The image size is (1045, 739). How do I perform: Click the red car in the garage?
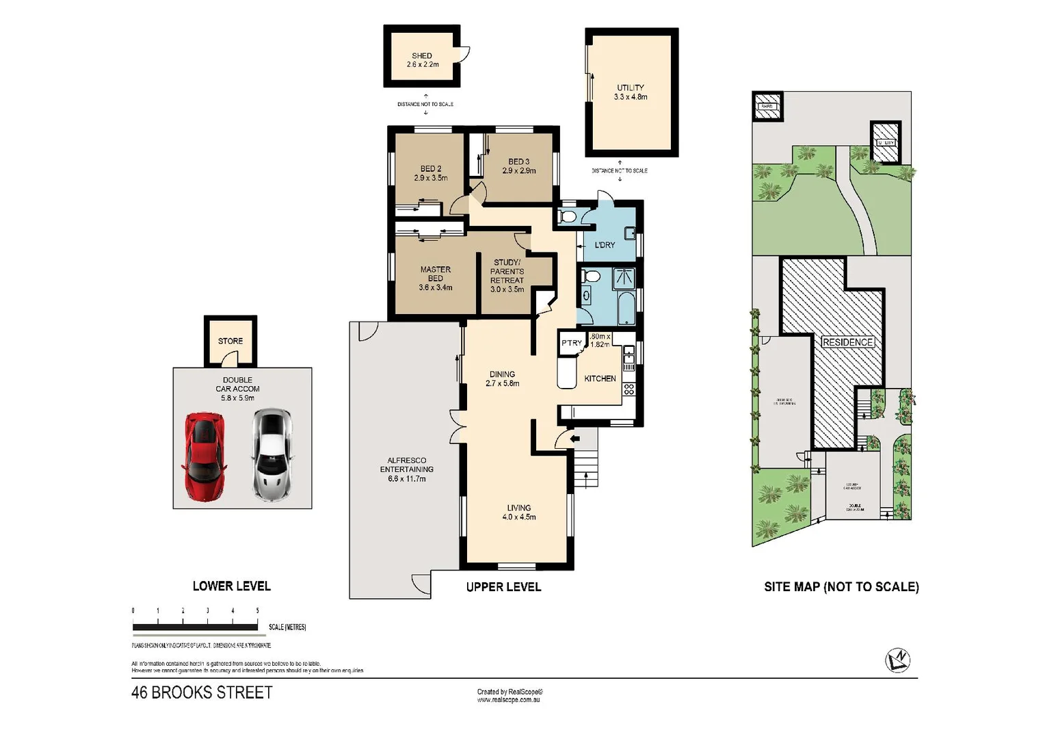click(204, 456)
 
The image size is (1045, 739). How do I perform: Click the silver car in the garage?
click(272, 454)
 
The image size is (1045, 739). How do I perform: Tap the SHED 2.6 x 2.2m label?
click(422, 60)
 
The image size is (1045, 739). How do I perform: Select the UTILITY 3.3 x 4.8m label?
click(630, 92)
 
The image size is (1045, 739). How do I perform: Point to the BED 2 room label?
click(430, 173)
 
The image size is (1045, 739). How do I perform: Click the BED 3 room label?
click(518, 166)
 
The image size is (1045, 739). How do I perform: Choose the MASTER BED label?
click(435, 278)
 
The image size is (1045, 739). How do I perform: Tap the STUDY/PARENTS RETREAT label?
click(507, 276)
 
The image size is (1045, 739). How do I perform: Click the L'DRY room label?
click(605, 245)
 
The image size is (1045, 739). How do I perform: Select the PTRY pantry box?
click(571, 343)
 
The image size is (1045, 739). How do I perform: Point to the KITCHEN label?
click(600, 378)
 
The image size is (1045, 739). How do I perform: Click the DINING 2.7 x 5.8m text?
click(502, 379)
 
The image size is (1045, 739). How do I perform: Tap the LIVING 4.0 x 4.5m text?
click(518, 513)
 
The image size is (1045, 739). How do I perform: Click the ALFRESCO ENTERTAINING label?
click(406, 469)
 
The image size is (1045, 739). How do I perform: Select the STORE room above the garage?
click(230, 341)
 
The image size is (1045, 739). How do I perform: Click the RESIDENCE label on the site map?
click(847, 342)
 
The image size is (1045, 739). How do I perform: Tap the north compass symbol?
click(897, 660)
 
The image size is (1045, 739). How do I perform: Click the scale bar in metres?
click(195, 626)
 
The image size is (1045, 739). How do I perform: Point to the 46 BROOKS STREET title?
click(202, 692)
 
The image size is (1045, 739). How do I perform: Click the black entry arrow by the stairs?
click(574, 439)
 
